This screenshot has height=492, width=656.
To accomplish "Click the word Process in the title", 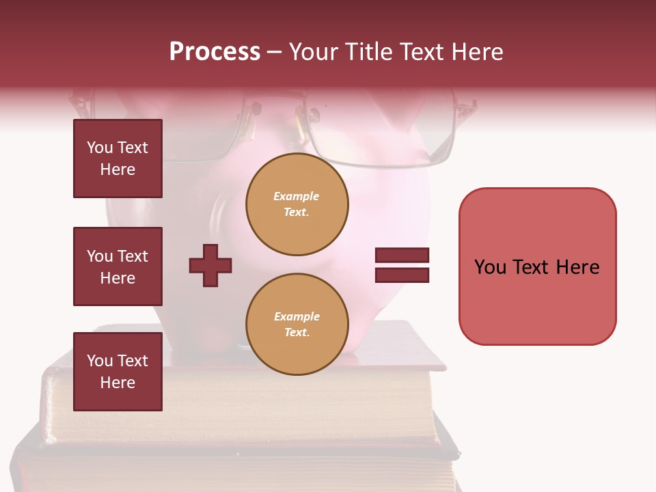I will pos(215,52).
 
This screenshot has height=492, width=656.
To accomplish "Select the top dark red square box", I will pos(118,159).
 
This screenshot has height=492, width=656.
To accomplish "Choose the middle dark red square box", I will pos(118,266).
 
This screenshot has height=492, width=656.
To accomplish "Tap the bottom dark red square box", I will pos(118,371).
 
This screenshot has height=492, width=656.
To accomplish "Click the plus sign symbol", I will pos(210,265).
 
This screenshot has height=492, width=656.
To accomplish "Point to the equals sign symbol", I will pos(402,265).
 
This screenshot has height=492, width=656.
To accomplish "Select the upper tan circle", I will pos(297,204).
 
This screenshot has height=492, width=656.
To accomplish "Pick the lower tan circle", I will pos(297,325).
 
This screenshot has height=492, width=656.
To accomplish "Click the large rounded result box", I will pos(537,266).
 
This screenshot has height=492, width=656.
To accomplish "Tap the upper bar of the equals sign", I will pos(402,256).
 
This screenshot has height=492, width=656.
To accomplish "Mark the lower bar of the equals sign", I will pos(402,275).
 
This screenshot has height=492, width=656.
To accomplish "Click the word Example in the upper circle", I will pos(297,196).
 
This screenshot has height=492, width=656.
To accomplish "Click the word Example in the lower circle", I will pos(297,316).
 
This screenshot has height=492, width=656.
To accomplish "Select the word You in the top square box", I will pos(100,148).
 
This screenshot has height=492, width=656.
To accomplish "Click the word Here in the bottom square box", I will pos(118,383).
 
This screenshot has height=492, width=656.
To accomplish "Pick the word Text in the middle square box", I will pos(133,256).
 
